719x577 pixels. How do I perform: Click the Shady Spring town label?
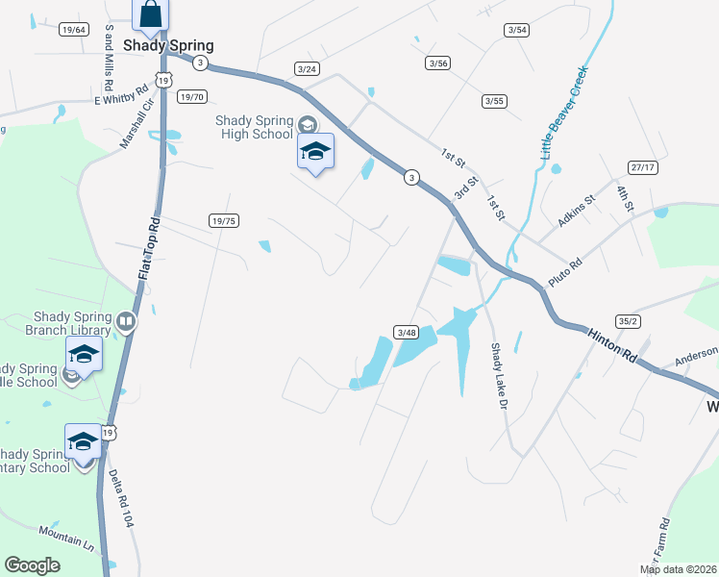tap(168, 45)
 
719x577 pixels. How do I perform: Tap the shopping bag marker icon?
tap(150, 14)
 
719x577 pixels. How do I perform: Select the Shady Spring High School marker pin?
tap(315, 153)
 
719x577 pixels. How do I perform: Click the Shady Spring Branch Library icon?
tap(126, 320)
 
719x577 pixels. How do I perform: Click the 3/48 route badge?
tap(406, 333)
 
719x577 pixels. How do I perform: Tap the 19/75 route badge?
tap(223, 221)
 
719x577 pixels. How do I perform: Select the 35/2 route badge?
tap(630, 321)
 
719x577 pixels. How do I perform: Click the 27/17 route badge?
tap(642, 167)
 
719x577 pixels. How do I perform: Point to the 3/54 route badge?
tap(517, 31)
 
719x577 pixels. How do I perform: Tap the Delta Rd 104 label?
tap(121, 497)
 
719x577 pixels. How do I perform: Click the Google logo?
tap(32, 565)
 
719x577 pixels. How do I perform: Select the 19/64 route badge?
tap(73, 30)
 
